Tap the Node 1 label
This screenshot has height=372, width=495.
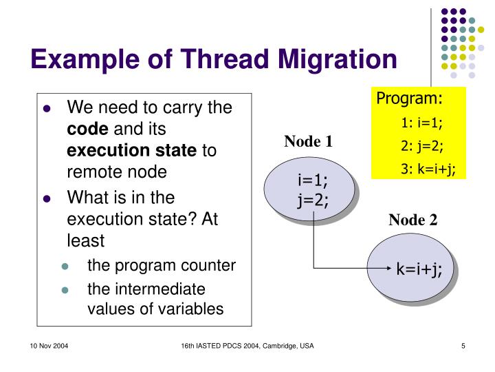click(x=309, y=142)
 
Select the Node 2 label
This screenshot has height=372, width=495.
click(x=412, y=220)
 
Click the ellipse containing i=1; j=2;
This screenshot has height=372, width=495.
click(x=313, y=190)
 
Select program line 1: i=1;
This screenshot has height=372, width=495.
click(x=421, y=123)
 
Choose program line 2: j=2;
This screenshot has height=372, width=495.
click(x=421, y=147)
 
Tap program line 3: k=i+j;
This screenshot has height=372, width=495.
click(x=427, y=170)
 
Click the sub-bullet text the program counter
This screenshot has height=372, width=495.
click(x=161, y=265)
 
